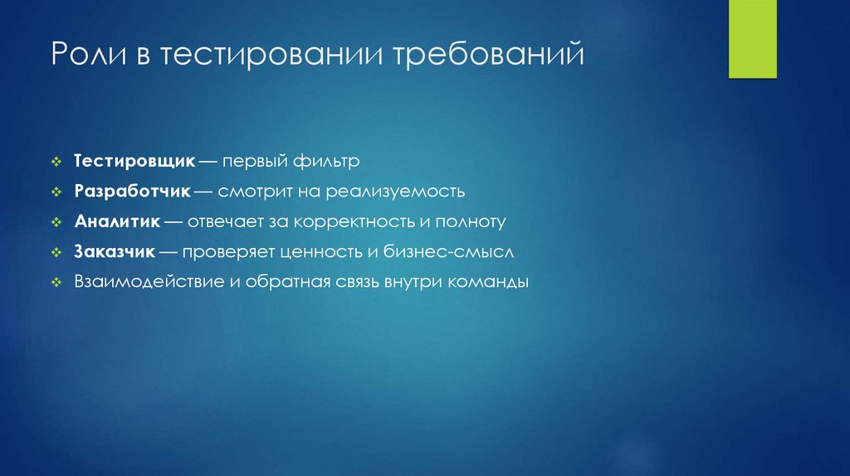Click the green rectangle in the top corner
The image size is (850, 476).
coord(752,39)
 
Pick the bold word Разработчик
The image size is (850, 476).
coord(133,192)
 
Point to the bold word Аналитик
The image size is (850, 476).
coord(117,221)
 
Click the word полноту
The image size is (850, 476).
coord(474,221)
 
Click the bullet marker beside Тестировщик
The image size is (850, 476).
coord(55,161)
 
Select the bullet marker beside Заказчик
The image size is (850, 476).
coord(55,252)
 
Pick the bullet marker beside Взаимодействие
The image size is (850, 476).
coord(55,283)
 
